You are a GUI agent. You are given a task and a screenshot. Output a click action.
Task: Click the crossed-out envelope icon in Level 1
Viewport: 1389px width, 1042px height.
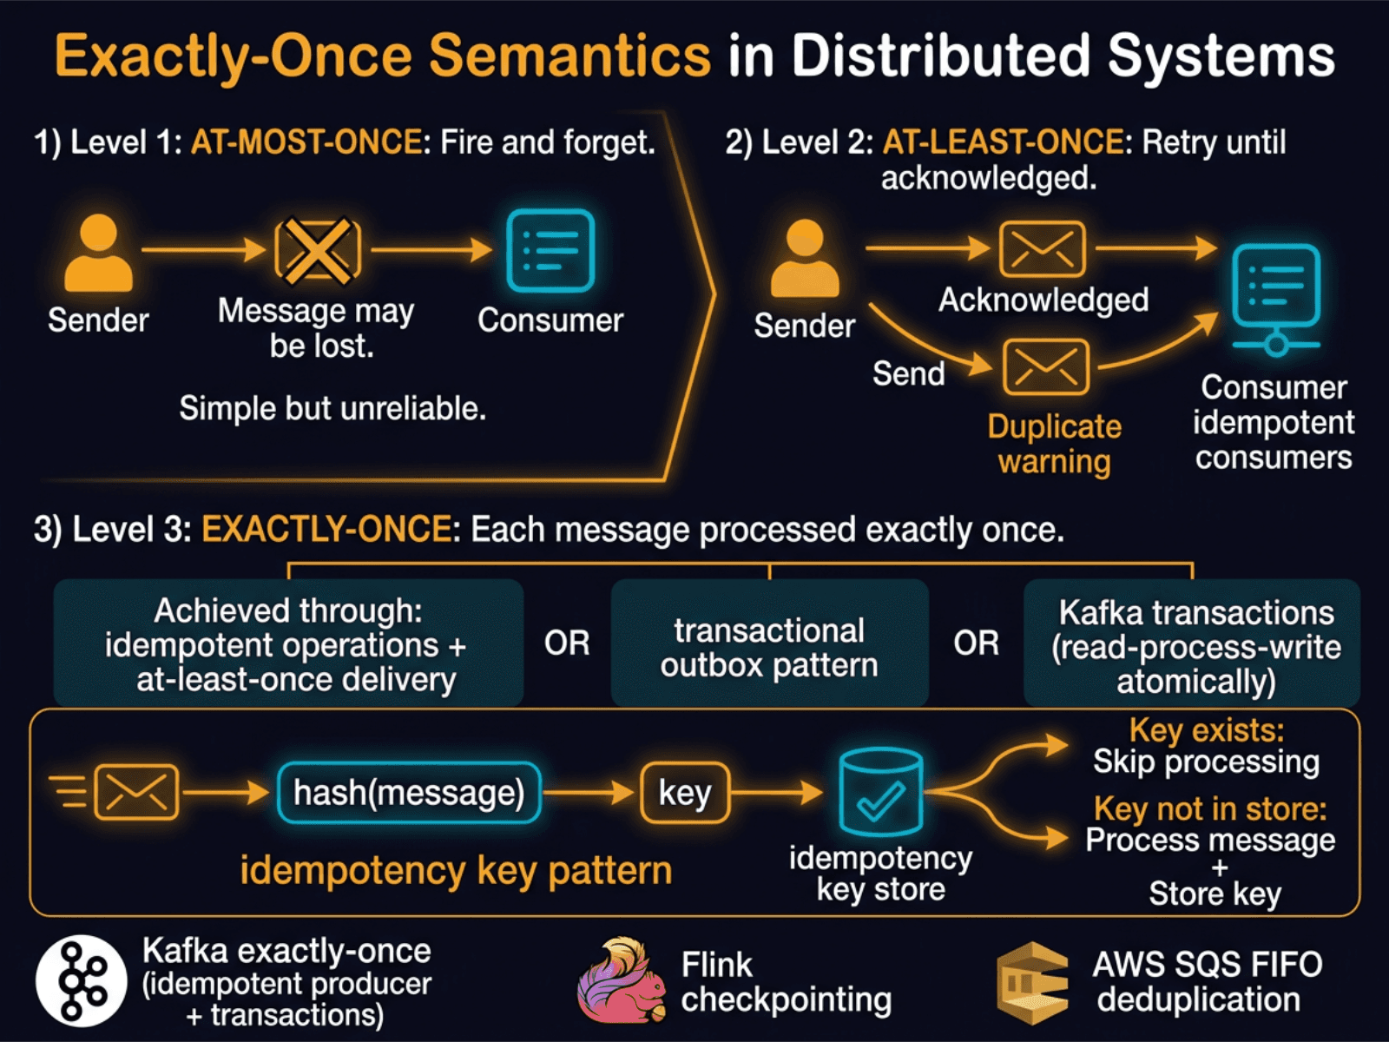tap(318, 251)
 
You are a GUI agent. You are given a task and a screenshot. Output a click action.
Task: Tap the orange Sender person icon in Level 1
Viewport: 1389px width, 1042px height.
tap(98, 254)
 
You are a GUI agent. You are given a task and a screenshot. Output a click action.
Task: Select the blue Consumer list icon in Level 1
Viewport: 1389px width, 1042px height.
tap(550, 251)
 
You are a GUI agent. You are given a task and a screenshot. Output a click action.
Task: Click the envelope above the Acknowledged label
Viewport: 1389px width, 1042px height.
tap(1042, 249)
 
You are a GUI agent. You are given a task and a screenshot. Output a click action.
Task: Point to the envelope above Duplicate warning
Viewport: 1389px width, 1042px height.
tap(1045, 366)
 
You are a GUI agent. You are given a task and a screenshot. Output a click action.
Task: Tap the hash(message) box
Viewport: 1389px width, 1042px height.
tap(409, 793)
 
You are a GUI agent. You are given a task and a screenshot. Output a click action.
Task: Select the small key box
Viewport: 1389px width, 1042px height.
tap(685, 793)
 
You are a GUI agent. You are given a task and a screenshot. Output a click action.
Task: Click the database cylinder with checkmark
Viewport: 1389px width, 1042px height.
tap(880, 792)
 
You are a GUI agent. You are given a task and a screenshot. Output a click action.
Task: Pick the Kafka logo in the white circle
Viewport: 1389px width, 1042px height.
tap(82, 980)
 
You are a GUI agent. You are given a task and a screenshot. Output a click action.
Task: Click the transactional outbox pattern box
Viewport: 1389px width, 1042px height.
tap(769, 647)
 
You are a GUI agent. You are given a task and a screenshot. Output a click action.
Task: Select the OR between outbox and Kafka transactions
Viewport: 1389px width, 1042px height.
tap(976, 643)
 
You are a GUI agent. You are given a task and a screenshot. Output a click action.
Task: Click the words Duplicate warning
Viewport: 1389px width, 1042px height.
tap(1054, 444)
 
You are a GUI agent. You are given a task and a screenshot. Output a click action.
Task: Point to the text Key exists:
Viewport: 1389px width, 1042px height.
tap(1206, 730)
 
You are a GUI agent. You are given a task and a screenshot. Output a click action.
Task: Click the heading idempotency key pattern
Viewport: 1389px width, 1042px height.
tap(456, 870)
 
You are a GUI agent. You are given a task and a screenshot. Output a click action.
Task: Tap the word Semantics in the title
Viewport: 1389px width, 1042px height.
tap(570, 56)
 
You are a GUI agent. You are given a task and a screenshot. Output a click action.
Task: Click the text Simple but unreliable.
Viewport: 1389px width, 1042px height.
tap(332, 408)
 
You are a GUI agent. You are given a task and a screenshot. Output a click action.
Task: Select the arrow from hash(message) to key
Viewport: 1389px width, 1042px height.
tap(590, 793)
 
